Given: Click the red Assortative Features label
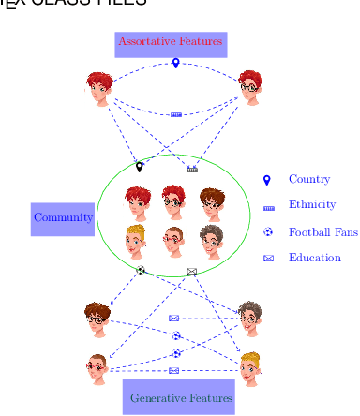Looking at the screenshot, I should tap(170, 42).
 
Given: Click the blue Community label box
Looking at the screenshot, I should tap(63, 217).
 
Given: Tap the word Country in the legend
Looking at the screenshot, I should tap(308, 179).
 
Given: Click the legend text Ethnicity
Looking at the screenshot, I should tap(311, 204).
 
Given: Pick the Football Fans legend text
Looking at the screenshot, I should tap(322, 231).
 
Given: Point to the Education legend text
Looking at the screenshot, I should tap(314, 258).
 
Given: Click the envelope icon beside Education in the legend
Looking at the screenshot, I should tap(268, 259).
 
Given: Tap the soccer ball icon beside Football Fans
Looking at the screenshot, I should tap(268, 231).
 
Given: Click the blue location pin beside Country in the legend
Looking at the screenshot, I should tap(267, 179).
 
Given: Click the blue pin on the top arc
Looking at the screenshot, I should tap(175, 64).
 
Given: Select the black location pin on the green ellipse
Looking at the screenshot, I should tap(140, 167).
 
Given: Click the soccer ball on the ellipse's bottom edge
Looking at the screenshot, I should tap(141, 270).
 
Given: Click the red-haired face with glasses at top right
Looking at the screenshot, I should tap(248, 88).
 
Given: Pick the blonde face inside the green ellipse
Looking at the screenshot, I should tap(136, 240).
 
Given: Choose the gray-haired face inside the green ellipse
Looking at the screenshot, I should tap(211, 241).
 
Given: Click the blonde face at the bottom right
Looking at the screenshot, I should tap(249, 368).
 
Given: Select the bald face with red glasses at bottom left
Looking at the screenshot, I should tap(97, 368).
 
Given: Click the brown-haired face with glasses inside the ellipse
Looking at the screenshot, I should tap(211, 202).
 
